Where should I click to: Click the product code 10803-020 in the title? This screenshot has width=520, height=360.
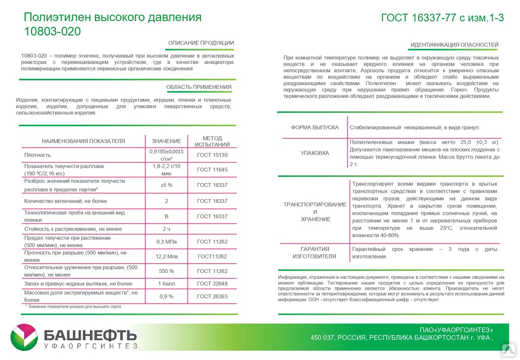tap(53, 31)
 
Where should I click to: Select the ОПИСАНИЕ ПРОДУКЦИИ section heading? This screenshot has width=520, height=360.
tap(201, 43)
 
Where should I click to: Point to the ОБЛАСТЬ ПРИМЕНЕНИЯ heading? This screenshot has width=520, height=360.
tap(199, 87)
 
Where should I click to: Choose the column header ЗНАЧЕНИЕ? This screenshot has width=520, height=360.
tap(166, 141)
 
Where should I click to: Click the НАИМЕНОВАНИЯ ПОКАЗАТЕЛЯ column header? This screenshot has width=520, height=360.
tap(83, 141)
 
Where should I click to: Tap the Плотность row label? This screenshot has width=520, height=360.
tap(37, 155)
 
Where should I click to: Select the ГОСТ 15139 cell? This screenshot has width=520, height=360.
tap(212, 155)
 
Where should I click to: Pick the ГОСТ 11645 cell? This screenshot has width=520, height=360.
tap(212, 170)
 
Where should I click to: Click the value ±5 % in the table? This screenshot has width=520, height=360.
tap(166, 185)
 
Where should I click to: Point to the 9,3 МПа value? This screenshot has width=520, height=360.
tap(166, 241)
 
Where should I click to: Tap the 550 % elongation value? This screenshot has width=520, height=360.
tap(166, 271)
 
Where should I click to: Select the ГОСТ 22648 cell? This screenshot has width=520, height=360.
tap(212, 284)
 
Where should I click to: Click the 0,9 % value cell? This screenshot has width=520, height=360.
tap(166, 296)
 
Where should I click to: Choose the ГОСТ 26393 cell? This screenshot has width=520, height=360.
tap(212, 296)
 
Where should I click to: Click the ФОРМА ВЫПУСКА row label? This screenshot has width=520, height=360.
tap(315, 127)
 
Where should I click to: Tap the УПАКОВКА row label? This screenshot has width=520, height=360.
tap(315, 153)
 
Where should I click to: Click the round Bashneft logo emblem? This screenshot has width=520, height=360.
tap(24, 337)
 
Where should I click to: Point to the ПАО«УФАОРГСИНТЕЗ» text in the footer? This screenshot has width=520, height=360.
tap(456, 330)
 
